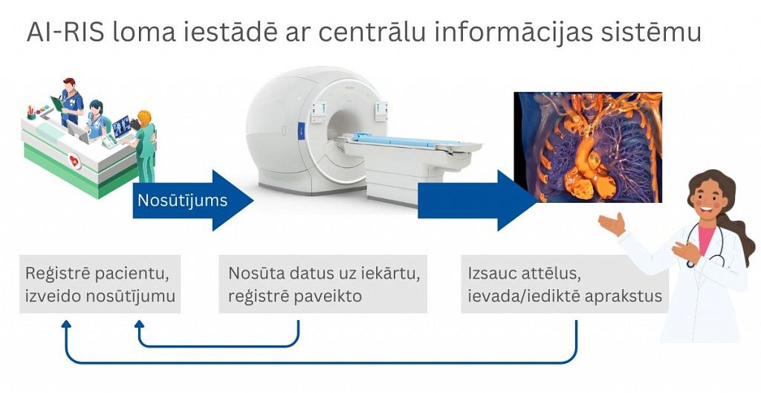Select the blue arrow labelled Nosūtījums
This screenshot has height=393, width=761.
(x=192, y=200)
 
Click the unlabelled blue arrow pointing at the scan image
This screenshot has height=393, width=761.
(x=478, y=200)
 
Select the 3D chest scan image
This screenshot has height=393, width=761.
(x=589, y=147)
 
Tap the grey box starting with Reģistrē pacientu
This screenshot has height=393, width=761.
(x=100, y=285)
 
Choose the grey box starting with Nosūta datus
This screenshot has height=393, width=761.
(x=323, y=285)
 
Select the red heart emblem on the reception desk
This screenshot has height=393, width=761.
(x=74, y=161)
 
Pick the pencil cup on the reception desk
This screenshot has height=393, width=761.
(x=31, y=113)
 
